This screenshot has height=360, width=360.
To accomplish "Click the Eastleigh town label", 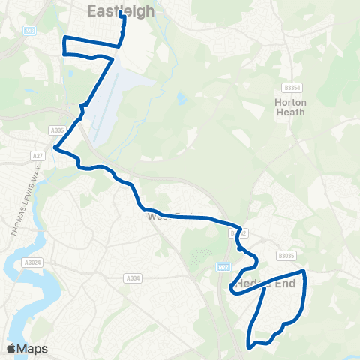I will coord(121,10).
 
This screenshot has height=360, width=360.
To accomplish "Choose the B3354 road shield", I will coord(292,87).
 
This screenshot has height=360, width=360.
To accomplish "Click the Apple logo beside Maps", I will coord(10,349).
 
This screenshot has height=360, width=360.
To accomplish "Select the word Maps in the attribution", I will coord(32,349).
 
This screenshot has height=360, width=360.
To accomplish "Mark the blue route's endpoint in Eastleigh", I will coord(121,13).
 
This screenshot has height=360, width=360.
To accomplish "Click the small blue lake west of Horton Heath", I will coord(181,97).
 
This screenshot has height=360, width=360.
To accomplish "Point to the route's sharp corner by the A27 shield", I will coord(56,148).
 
